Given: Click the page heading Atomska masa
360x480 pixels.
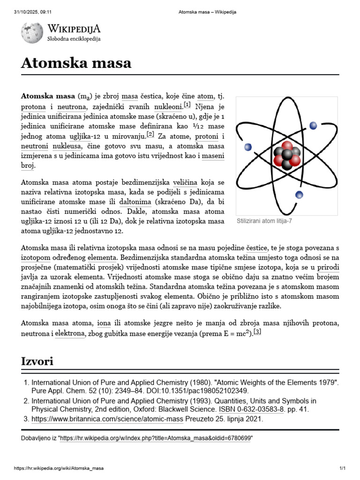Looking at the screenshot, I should (76, 63).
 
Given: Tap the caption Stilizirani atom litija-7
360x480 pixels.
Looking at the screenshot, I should (264, 220).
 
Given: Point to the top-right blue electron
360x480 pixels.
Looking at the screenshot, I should (314, 125).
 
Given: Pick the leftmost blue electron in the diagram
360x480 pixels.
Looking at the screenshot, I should (248, 147).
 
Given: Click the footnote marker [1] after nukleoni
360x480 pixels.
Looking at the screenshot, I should (187, 105).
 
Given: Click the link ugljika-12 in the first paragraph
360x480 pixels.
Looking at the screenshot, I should (84, 136).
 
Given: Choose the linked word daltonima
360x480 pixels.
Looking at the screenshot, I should (135, 202).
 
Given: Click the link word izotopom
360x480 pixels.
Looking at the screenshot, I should (36, 258).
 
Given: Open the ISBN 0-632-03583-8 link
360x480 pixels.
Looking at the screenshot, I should (253, 409).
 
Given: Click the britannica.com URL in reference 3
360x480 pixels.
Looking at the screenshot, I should (107, 419).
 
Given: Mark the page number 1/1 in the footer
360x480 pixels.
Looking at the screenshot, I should (342, 468).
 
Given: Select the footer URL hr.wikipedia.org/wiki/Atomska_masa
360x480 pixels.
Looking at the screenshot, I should (59, 468).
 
